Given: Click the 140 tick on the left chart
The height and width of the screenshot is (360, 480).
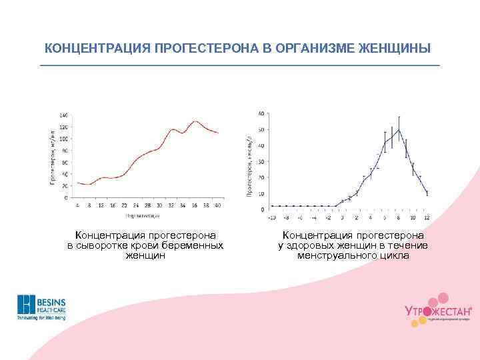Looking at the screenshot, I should [x=63, y=115].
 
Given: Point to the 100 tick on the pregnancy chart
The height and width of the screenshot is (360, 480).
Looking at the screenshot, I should [x=63, y=139].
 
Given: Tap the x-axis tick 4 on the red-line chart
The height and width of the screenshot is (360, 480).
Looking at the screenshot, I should [x=78, y=205].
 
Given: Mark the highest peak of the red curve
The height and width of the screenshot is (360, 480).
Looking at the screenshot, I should [x=195, y=121].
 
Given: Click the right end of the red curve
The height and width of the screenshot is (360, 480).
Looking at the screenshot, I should [x=218, y=133].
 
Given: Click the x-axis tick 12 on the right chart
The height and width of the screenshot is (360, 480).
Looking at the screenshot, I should [x=427, y=217].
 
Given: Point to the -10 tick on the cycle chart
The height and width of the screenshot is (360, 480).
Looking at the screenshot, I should [x=271, y=217].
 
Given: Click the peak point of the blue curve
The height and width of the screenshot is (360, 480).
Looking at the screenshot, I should [x=399, y=129].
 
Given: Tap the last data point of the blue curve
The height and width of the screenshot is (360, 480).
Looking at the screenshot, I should [x=427, y=193].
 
